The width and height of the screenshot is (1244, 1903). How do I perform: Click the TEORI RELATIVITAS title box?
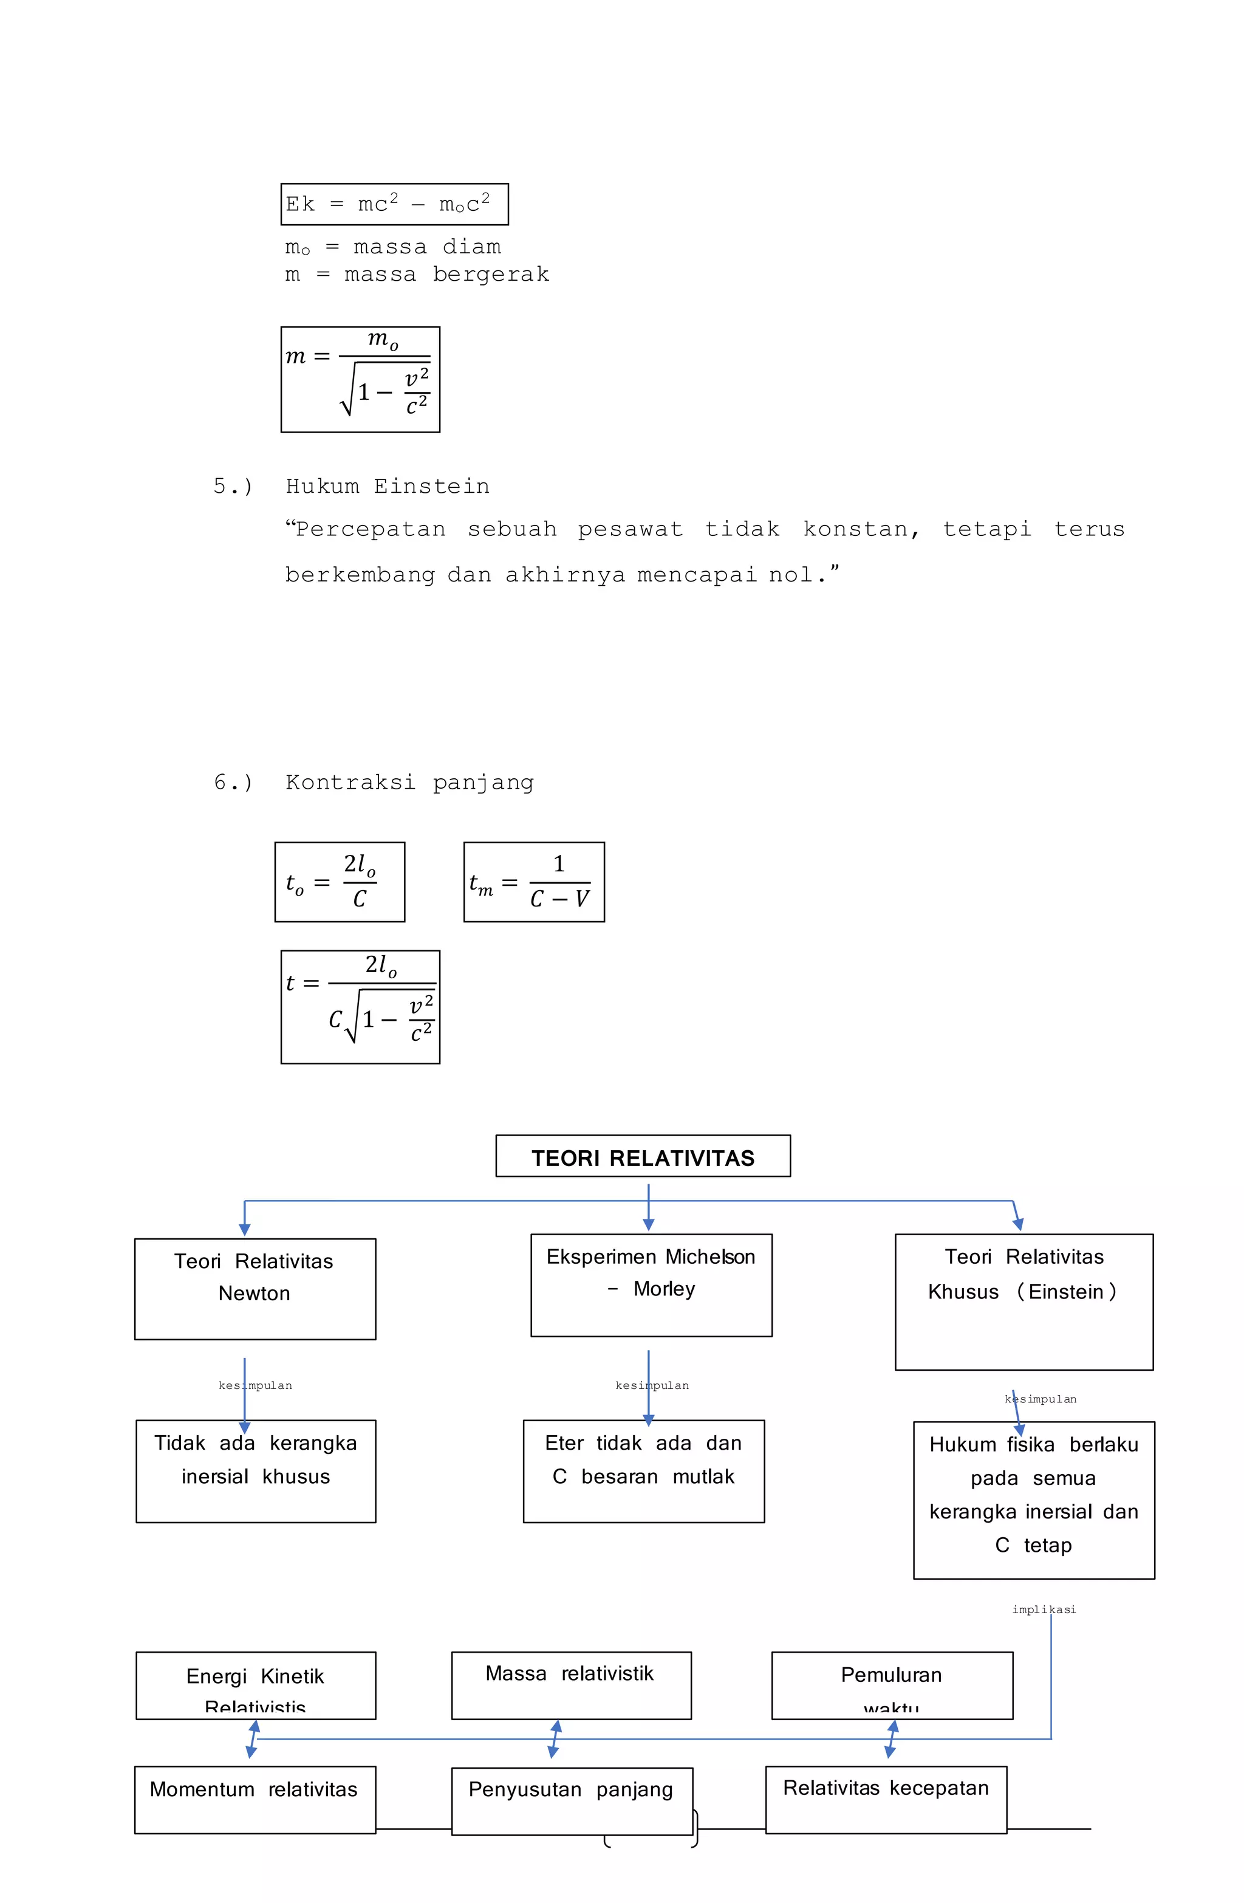click(642, 1156)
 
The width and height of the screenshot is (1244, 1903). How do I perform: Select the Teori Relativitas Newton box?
click(255, 1288)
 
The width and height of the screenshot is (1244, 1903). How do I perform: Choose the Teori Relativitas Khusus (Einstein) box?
click(1024, 1301)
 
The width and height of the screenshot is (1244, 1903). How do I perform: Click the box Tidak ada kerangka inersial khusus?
click(255, 1470)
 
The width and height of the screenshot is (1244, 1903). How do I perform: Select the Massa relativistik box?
click(571, 1685)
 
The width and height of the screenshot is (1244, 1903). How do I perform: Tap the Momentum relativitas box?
click(255, 1799)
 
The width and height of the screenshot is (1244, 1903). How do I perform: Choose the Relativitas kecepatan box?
click(885, 1799)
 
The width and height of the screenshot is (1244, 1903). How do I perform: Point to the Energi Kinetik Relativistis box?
click(255, 1685)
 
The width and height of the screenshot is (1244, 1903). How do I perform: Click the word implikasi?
click(1044, 1610)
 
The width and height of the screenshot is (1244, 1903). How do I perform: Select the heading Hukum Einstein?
click(388, 486)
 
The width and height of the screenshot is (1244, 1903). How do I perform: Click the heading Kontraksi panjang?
click(409, 782)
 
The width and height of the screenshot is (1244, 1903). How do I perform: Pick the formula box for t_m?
click(533, 882)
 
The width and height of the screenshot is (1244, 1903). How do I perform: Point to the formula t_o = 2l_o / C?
click(339, 882)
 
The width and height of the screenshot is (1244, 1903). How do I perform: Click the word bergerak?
click(491, 274)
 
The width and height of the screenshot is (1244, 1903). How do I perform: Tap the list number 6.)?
click(233, 782)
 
